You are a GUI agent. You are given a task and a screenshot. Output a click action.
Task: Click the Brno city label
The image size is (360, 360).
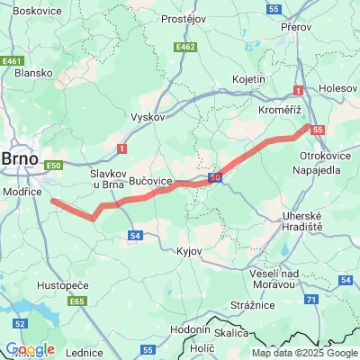point(19,158)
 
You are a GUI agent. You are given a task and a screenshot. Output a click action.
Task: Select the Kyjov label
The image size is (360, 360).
point(190,250)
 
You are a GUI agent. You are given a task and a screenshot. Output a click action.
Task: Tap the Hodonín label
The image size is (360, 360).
point(190,329)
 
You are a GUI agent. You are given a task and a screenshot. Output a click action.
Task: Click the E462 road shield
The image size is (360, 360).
point(186,47)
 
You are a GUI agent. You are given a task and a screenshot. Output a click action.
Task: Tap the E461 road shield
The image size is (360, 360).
point(12,61)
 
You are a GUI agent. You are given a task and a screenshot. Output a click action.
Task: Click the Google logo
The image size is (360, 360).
point(30,349)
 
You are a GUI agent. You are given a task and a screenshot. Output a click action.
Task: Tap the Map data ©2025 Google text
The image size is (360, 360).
point(303,353)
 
